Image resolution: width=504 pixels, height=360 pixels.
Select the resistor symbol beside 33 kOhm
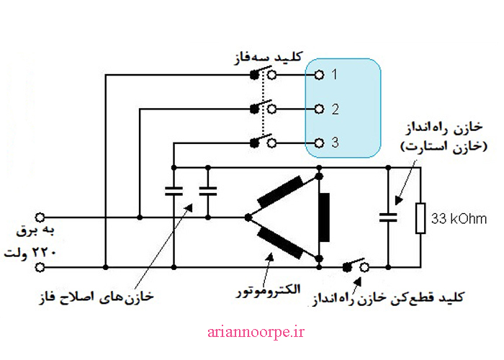tap(420, 217)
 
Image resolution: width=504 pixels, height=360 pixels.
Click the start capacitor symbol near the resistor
tap(389, 217)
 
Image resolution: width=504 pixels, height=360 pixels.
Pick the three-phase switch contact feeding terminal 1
tap(263, 73)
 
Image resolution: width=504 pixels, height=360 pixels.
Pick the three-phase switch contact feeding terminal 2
tap(263, 109)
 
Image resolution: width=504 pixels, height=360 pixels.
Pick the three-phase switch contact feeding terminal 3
tap(263, 142)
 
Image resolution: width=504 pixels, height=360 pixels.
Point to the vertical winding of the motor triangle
tap(324, 217)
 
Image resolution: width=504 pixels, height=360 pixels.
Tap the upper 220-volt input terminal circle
tap(40, 217)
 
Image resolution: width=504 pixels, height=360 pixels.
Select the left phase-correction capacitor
tap(174, 192)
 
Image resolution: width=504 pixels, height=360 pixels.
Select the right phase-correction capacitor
tap(208, 192)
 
